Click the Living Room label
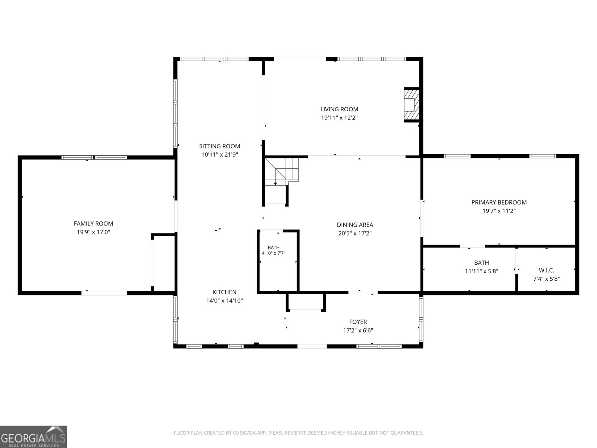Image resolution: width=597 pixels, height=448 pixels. click(339, 109)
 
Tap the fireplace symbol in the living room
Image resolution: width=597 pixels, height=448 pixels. click(411, 105)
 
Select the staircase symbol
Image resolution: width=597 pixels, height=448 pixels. click(281, 172)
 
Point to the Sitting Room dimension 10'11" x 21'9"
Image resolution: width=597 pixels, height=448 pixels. click(219, 155)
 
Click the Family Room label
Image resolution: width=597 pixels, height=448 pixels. click(93, 224)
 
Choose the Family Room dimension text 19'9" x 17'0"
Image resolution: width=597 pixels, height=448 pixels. click(93, 232)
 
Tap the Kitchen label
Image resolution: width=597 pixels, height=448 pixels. click(224, 292)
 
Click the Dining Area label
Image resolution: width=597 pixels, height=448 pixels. click(355, 225)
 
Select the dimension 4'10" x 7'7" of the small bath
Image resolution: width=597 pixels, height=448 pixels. click(274, 253)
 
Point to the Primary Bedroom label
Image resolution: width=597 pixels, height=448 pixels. click(499, 202)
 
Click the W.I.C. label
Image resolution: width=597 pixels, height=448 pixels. click(546, 270)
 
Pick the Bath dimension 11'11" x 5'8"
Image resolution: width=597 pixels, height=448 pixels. click(481, 271)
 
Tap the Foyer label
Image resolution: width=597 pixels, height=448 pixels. click(358, 322)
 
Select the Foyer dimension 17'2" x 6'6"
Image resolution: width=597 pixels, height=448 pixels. click(358, 330)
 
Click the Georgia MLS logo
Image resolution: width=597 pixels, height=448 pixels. click(33, 437)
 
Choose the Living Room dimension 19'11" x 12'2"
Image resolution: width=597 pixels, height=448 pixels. click(339, 118)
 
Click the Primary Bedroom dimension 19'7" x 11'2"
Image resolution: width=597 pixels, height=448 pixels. click(499, 211)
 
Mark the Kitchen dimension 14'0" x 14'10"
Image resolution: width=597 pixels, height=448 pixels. click(224, 301)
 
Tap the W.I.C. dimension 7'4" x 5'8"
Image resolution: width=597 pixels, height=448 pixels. click(546, 279)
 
